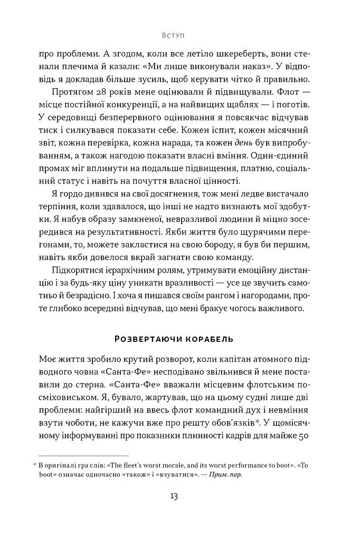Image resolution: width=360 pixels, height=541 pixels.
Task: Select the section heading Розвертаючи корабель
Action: pyautogui.click(x=174, y=338)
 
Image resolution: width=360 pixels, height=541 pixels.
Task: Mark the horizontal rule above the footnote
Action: pyautogui.click(x=84, y=455)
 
